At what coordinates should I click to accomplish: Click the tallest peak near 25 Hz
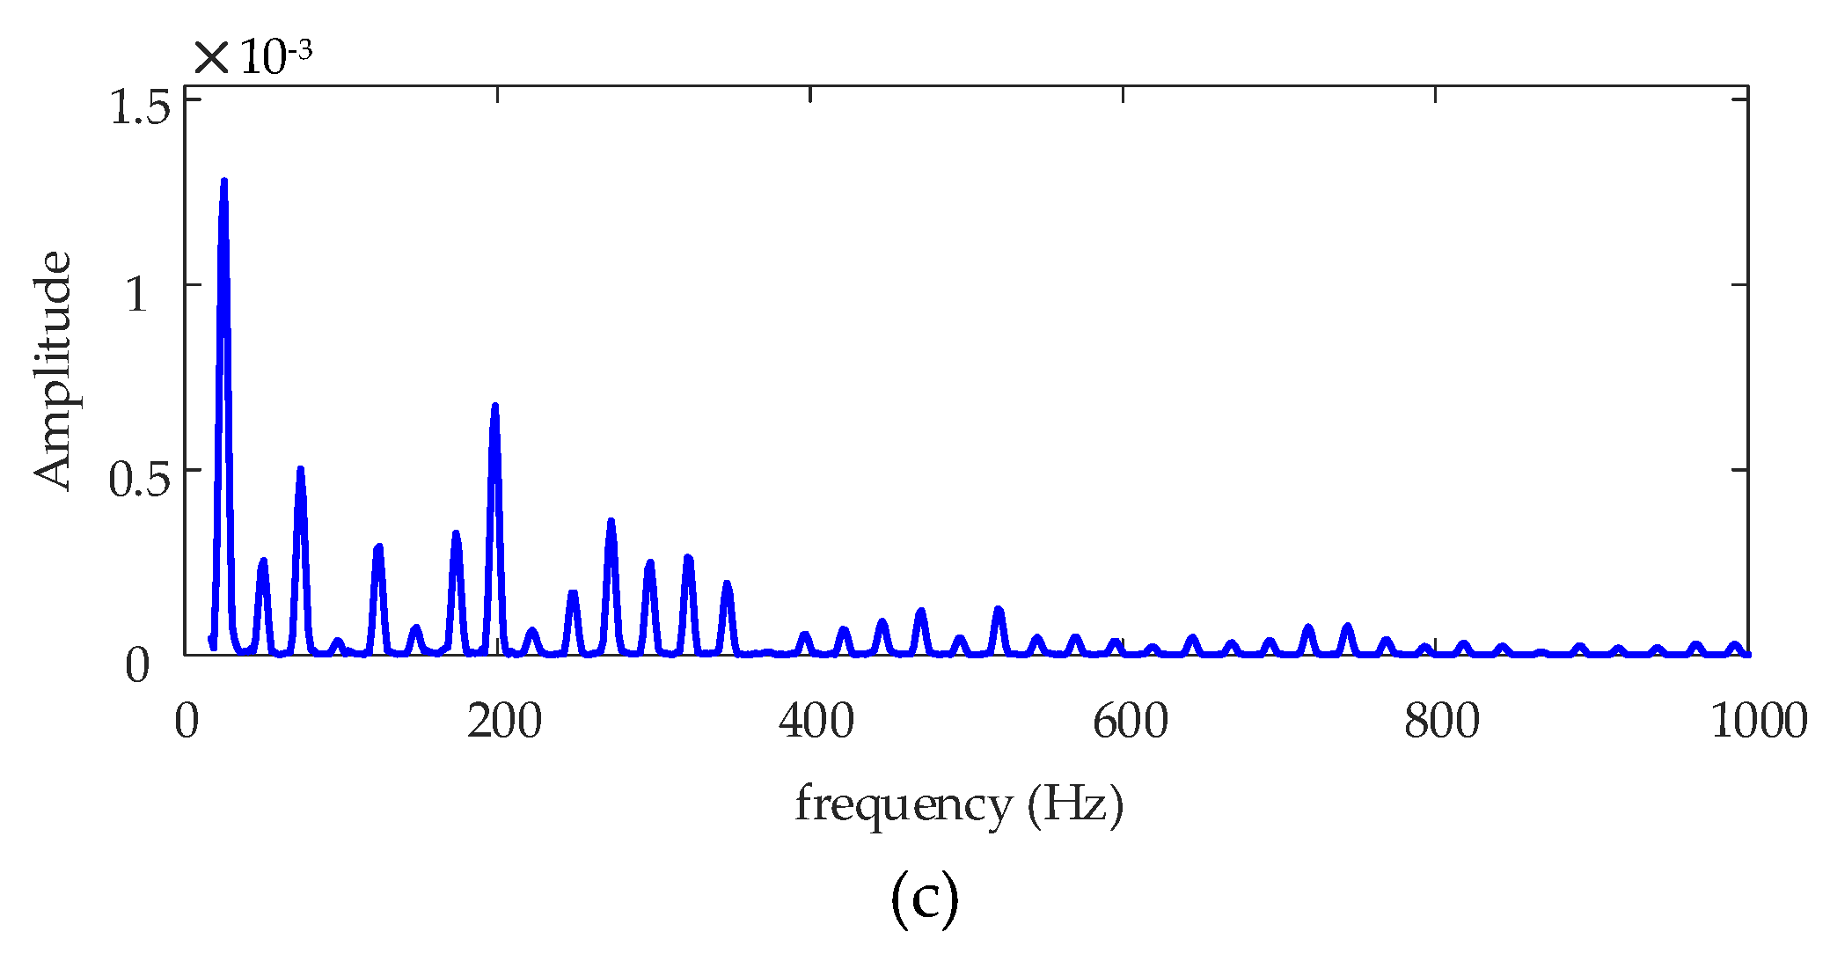pyautogui.click(x=223, y=182)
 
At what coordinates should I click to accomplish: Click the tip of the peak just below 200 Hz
pyautogui.click(x=494, y=407)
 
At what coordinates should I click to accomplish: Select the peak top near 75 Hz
pyautogui.click(x=300, y=470)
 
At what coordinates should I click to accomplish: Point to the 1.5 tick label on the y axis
pyautogui.click(x=139, y=107)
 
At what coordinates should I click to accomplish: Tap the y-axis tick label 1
pyautogui.click(x=136, y=294)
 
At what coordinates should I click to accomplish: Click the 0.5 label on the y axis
pyautogui.click(x=139, y=480)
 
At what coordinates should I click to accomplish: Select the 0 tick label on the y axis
pyautogui.click(x=137, y=665)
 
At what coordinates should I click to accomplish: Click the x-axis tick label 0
pyautogui.click(x=186, y=722)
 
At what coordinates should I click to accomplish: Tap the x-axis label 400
pyautogui.click(x=816, y=722)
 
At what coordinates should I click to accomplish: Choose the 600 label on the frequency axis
pyautogui.click(x=1130, y=722)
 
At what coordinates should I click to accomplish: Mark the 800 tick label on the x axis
pyautogui.click(x=1442, y=722)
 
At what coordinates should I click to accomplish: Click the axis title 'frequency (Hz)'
pyautogui.click(x=959, y=804)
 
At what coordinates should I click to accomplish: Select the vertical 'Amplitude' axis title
pyautogui.click(x=53, y=370)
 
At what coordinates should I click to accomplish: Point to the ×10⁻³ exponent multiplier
pyautogui.click(x=253, y=56)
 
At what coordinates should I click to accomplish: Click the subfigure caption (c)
pyautogui.click(x=924, y=899)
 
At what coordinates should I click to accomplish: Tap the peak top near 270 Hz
pyautogui.click(x=611, y=522)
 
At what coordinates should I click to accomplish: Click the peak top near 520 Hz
pyautogui.click(x=998, y=610)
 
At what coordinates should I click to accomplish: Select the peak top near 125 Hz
pyautogui.click(x=378, y=547)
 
